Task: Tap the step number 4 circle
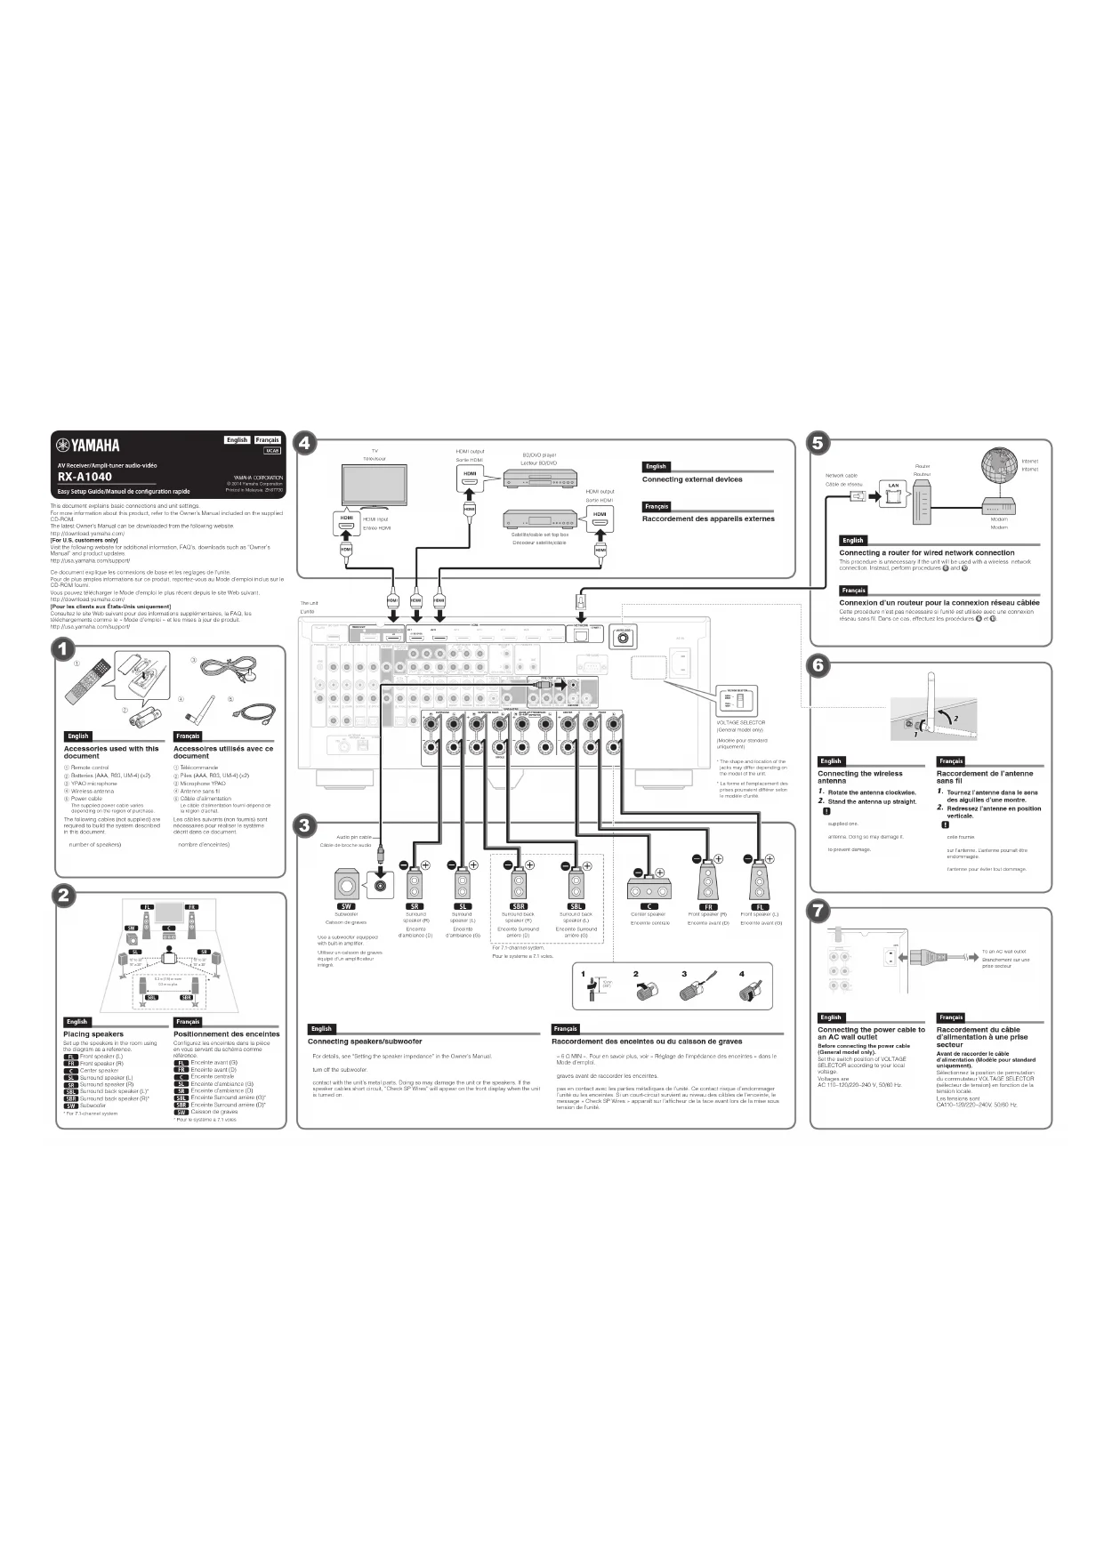(305, 443)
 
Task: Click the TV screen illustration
(375, 484)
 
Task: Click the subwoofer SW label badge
(346, 906)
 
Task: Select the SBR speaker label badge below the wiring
(519, 906)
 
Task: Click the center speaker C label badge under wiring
(649, 906)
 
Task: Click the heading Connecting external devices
(692, 479)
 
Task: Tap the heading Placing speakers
(93, 1033)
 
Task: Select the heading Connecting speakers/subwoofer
(365, 1041)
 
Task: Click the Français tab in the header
(267, 439)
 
